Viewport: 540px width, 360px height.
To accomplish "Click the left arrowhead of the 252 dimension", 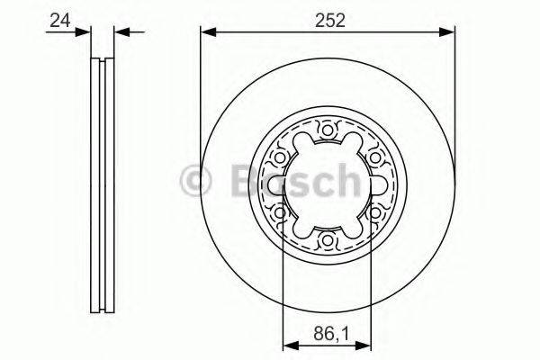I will pyautogui.click(x=207, y=32).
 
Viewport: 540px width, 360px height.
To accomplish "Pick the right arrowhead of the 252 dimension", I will pyautogui.click(x=449, y=32).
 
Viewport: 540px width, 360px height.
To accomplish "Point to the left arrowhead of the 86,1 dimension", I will pyautogui.click(x=290, y=343).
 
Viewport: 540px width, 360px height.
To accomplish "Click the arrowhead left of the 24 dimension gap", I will pyautogui.click(x=85, y=32).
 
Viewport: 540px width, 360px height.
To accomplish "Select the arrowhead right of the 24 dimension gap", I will pyautogui.click(x=120, y=32).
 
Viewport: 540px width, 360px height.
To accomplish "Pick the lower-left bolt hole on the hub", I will pyautogui.click(x=281, y=212).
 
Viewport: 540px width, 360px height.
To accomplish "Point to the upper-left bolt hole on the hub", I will pyautogui.click(x=281, y=157).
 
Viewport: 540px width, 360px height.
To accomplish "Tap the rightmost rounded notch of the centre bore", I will pyautogui.click(x=378, y=185).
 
